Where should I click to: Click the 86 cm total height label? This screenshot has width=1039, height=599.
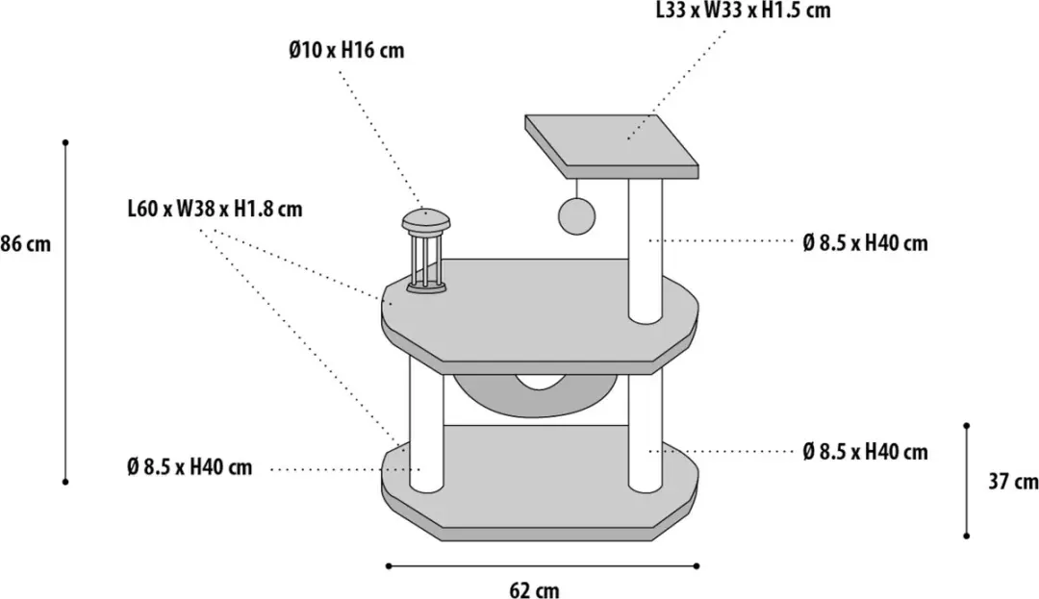point(25,243)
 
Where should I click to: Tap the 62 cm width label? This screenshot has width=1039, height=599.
point(534,589)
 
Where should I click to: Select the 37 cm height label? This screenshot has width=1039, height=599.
point(1013,481)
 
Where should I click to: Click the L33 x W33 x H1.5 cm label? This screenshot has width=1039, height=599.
point(743,10)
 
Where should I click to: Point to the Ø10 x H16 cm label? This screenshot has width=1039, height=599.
point(346,50)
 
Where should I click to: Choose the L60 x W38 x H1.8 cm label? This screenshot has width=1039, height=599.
point(215,210)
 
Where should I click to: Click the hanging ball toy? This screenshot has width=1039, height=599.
point(577,215)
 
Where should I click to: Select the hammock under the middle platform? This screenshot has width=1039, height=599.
point(539,394)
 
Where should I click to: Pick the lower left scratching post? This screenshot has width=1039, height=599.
point(426,425)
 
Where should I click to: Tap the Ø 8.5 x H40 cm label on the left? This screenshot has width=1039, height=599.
point(190,467)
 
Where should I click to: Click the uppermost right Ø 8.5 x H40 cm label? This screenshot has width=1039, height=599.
point(865,243)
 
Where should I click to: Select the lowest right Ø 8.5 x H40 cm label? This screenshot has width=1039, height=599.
point(865,451)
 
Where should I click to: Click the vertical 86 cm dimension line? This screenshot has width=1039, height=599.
point(65,312)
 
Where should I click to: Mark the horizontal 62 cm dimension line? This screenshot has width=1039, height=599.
point(542,566)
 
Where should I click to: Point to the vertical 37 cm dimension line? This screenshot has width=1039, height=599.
point(967,481)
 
